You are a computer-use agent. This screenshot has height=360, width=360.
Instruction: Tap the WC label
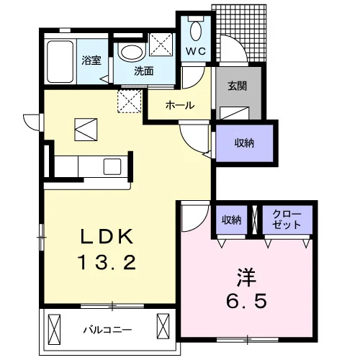(196, 51)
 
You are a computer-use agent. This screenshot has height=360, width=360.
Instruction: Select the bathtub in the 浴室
(60, 62)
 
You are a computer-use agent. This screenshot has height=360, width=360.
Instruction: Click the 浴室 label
(91, 60)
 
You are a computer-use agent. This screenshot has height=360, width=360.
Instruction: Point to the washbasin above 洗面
(132, 52)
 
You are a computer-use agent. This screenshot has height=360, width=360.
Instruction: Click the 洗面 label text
(144, 71)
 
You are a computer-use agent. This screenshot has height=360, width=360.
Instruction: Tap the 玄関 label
(238, 86)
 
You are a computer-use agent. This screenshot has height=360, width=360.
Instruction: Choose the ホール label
(180, 105)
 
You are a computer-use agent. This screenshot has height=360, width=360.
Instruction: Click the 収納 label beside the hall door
(244, 143)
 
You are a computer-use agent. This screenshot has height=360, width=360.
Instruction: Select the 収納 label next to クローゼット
(231, 220)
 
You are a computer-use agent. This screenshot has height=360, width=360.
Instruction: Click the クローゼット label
(287, 219)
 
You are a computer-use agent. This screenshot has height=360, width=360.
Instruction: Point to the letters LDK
(107, 236)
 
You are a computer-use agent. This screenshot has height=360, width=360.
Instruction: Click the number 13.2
(107, 262)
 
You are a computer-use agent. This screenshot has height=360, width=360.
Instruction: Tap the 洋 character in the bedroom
(246, 277)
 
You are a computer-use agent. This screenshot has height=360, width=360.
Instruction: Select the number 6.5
(246, 301)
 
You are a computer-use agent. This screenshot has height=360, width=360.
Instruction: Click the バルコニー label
(107, 330)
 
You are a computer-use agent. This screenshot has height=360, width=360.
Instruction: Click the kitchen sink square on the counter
(112, 166)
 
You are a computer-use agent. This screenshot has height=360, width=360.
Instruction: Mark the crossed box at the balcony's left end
(54, 329)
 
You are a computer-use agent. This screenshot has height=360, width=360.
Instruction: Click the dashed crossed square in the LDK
(130, 102)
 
